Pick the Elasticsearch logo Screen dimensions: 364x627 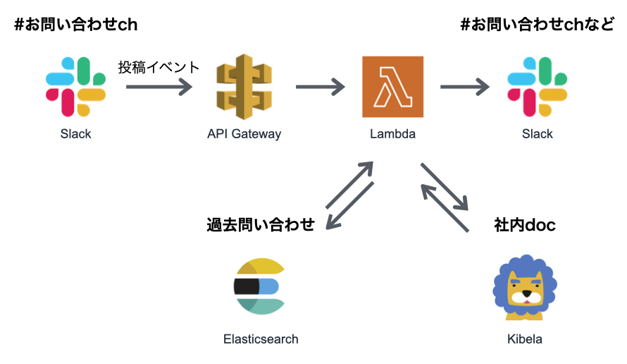pyautogui.click(x=260, y=286)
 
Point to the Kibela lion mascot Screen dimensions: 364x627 pyautogui.click(x=524, y=285)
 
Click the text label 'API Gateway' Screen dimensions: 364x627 pyautogui.click(x=244, y=134)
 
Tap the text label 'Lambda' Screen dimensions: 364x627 pyautogui.click(x=392, y=134)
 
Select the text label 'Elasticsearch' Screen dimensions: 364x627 pyautogui.click(x=260, y=339)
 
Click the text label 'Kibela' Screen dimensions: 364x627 pyautogui.click(x=524, y=339)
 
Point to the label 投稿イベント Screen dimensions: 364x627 pyautogui.click(x=159, y=68)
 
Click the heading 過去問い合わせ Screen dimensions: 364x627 pyautogui.click(x=260, y=225)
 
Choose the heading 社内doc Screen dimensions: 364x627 pyautogui.click(x=524, y=225)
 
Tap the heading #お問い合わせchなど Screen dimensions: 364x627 pyautogui.click(x=537, y=25)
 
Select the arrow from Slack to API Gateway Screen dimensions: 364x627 pyautogui.click(x=159, y=87)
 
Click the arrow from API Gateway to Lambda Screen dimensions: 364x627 pyautogui.click(x=320, y=87)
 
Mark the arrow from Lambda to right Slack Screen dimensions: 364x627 pyautogui.click(x=464, y=87)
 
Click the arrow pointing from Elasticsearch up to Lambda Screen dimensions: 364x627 pyautogui.click(x=349, y=185)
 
